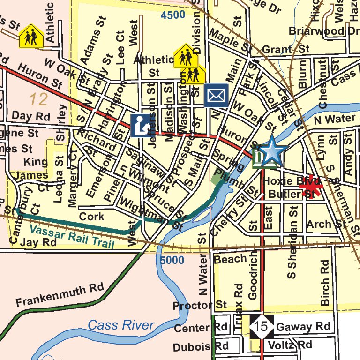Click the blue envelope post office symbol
[216, 96]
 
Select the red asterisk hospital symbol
[311, 189]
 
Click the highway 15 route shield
[262, 326]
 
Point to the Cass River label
[121, 325]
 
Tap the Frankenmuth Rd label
[59, 295]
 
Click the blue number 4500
[172, 15]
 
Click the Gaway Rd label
[303, 327]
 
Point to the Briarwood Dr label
[324, 31]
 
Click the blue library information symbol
[141, 126]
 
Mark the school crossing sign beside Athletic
[31, 36]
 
